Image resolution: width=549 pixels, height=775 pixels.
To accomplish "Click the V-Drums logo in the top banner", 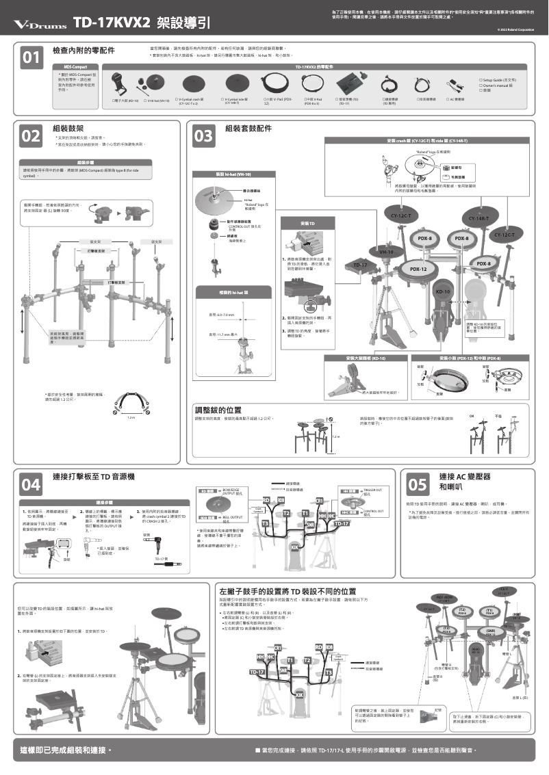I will [x=40, y=25].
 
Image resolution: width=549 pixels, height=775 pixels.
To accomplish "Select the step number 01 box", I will [x=30, y=58].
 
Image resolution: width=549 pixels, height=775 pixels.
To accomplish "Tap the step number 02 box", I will [x=30, y=135].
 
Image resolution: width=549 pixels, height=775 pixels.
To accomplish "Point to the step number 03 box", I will [x=203, y=136].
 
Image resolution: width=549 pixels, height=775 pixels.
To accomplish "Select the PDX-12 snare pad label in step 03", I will [x=419, y=270].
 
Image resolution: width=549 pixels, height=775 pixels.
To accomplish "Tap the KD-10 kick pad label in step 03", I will [x=443, y=291].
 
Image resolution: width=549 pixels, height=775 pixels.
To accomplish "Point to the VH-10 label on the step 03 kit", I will [x=386, y=252].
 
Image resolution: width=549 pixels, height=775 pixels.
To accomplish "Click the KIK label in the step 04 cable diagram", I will [x=294, y=547].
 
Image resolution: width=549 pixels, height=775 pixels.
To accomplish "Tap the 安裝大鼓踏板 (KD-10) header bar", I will [x=366, y=358].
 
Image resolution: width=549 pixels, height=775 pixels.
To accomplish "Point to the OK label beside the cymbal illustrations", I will [x=471, y=416].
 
